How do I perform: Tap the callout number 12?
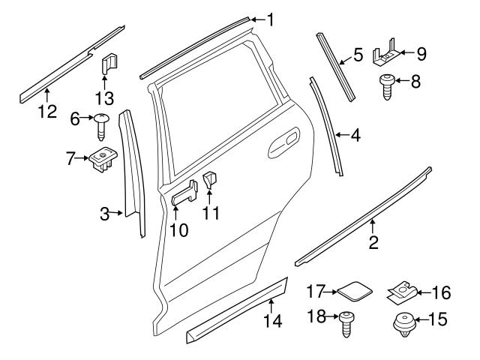coord(47,112)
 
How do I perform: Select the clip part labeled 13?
coord(107,62)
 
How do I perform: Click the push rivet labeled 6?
coord(101,124)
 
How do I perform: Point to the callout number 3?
coord(105,214)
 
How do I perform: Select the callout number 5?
coord(358,55)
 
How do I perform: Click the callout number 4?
coord(355,136)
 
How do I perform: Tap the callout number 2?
coord(373,241)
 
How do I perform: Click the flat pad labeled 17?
coord(343,289)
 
